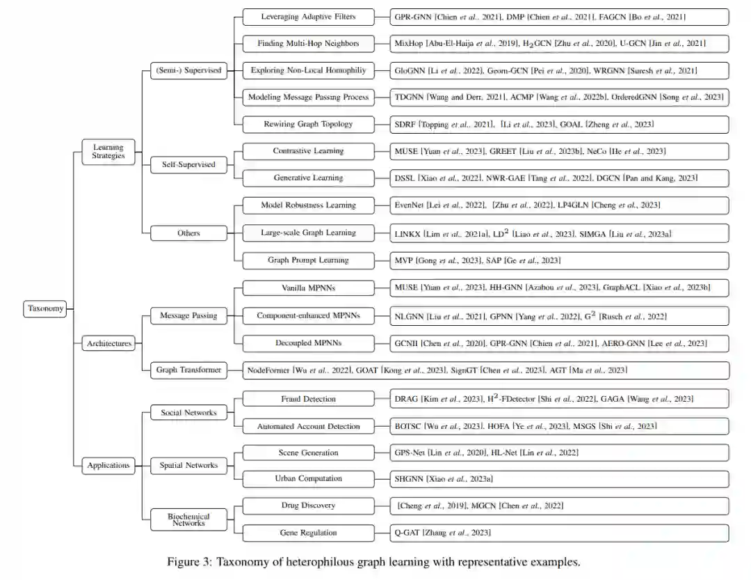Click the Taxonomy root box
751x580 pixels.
coord(47,308)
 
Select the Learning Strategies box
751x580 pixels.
coord(108,151)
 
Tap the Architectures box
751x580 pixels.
coord(108,343)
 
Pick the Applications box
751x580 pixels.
coord(108,466)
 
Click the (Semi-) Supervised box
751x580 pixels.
coord(188,70)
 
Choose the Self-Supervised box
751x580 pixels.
coord(188,165)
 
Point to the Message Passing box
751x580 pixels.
coord(188,315)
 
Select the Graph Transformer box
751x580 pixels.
coord(188,370)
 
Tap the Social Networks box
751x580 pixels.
coord(188,413)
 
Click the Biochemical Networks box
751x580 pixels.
coord(188,519)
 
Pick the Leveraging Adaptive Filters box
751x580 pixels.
coord(307,16)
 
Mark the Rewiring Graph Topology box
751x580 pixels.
coord(307,124)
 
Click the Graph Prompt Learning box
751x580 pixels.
coord(307,260)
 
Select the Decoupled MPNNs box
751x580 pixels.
coord(307,343)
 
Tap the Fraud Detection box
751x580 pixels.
coord(307,399)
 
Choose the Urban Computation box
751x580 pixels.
coord(307,478)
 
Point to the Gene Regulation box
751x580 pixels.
coord(307,533)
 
